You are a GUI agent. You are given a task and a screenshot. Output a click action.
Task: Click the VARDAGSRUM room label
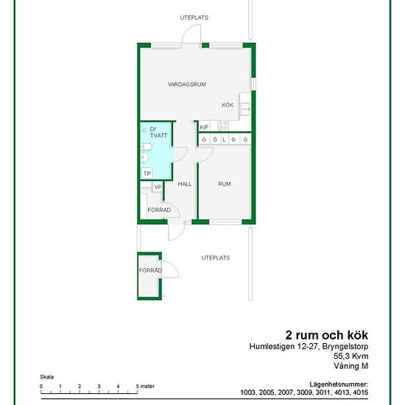point(187,85)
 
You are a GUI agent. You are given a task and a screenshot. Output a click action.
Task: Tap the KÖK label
point(228,105)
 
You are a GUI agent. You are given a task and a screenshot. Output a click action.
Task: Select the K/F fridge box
point(204,127)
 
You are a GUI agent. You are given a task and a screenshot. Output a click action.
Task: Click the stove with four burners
point(223,126)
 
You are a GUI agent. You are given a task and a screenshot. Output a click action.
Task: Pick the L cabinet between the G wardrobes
point(224,140)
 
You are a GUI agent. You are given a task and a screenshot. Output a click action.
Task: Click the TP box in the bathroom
point(147,173)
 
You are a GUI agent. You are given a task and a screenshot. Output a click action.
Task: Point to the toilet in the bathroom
point(147,147)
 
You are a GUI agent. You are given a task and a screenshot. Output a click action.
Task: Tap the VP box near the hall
point(158,187)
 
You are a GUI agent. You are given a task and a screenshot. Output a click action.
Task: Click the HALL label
point(185,184)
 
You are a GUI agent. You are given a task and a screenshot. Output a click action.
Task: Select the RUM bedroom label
point(224,184)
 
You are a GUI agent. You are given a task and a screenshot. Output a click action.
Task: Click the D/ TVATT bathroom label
point(158,133)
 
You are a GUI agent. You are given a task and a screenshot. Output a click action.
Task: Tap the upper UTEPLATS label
point(194,18)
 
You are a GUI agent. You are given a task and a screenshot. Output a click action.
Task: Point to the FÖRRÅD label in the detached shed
point(150,270)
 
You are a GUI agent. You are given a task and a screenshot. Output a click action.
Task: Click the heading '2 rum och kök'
point(326,335)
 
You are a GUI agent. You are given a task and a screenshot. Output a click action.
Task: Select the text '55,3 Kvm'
point(351,356)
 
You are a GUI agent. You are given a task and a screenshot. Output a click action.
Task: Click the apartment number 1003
point(248,392)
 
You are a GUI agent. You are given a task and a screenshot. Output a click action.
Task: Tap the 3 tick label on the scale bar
point(99,387)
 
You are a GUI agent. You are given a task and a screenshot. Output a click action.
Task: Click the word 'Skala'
point(46,377)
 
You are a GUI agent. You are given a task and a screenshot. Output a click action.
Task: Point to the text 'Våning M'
point(351,366)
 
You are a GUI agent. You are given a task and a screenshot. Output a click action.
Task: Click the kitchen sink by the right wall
point(246,108)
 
